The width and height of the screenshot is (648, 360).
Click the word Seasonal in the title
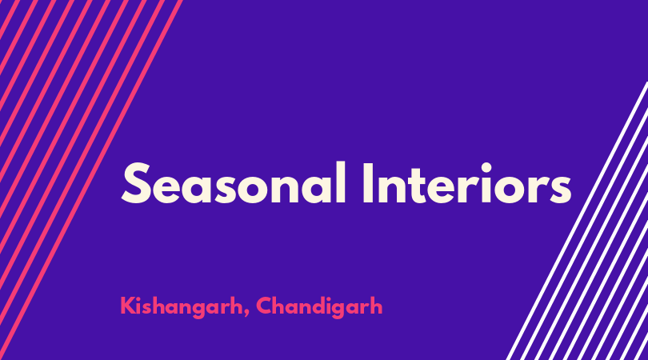234,183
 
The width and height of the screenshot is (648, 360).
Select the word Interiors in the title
467,183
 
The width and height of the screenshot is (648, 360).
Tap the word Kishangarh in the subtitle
182,307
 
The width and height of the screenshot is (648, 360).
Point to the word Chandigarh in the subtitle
319,306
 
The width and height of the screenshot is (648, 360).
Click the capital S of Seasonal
135,183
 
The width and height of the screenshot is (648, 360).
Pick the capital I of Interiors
368,183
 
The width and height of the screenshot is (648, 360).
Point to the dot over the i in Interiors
486,168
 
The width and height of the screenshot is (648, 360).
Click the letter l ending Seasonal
341,183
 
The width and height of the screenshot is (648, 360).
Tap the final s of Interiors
560,190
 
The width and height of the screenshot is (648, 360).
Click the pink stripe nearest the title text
90,180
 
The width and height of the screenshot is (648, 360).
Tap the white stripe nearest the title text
577,221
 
